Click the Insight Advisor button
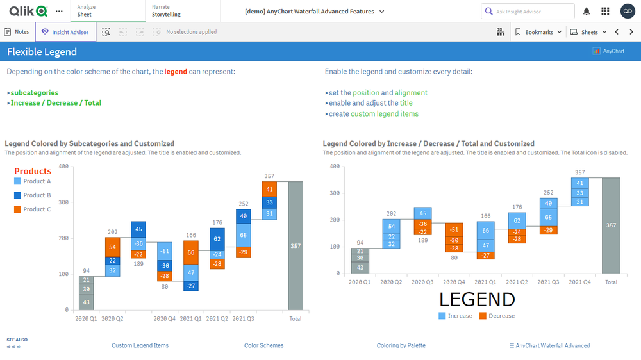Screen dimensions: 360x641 (65, 32)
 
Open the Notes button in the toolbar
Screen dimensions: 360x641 (17, 32)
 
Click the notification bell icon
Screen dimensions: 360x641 (587, 12)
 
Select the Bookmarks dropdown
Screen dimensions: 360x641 (538, 32)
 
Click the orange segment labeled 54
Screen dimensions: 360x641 (112, 247)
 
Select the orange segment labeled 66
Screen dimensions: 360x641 (191, 252)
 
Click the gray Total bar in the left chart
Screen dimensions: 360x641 (296, 246)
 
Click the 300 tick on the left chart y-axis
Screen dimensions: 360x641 (63, 202)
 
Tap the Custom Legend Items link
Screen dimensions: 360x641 (140, 346)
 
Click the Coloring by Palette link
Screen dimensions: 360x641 (401, 346)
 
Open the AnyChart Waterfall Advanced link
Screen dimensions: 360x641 (549, 346)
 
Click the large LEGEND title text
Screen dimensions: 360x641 (476, 300)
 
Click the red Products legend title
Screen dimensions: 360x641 (33, 171)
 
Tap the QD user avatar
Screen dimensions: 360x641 (628, 12)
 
